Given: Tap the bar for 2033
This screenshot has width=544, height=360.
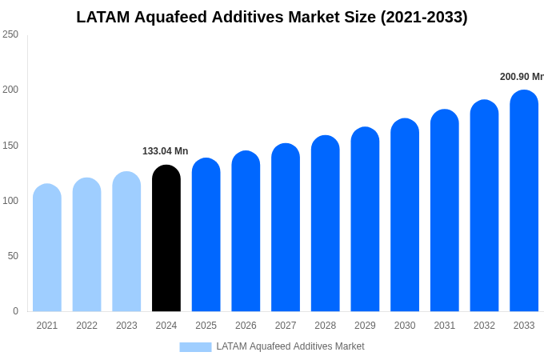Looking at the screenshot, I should point(524,201).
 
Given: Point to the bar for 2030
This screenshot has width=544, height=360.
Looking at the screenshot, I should point(405,215).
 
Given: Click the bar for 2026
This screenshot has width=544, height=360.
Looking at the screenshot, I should point(246,231).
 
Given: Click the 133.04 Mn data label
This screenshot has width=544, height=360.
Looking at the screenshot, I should point(165,151).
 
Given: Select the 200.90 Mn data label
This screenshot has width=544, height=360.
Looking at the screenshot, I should point(522,77).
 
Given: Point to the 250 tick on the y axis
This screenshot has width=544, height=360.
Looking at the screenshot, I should point(10,34).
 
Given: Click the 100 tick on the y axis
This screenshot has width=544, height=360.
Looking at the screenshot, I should point(10,201).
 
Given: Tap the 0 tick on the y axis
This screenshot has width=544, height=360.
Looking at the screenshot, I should point(15,311).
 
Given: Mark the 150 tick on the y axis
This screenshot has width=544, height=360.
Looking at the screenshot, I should point(10,146).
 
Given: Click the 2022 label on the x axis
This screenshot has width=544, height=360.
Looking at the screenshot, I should point(86,326).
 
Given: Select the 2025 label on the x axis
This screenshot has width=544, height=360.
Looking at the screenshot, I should point(206,326).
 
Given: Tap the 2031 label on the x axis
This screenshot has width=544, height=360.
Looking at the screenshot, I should point(444,326).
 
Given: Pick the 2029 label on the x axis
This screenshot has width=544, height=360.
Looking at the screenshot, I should point(365,326).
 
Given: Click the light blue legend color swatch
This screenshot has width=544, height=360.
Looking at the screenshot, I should point(195,346).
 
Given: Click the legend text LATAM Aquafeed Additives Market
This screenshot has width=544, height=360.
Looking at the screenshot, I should point(290,346).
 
